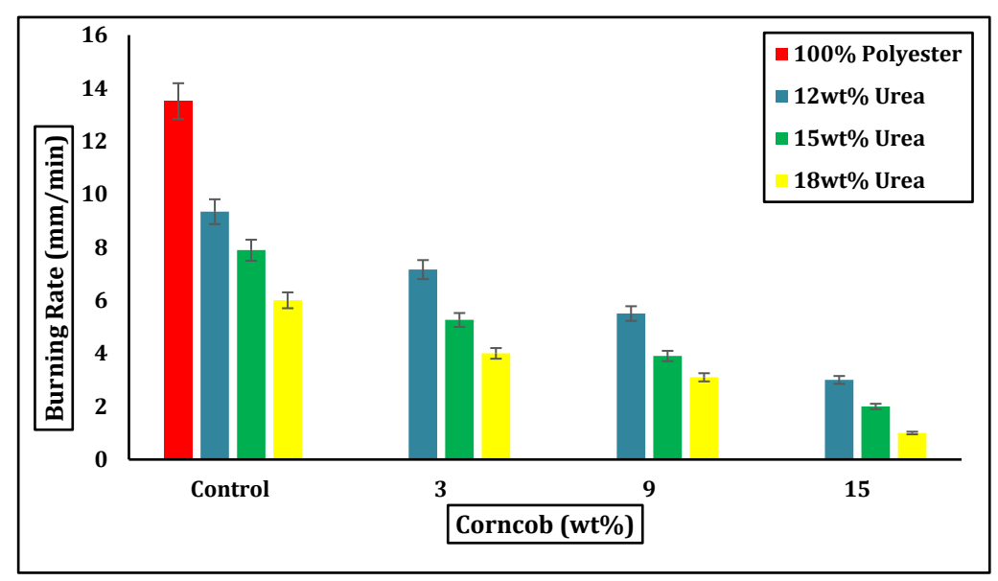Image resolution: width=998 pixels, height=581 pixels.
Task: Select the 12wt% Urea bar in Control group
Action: click(215, 336)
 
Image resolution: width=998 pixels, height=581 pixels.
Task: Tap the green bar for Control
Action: click(251, 355)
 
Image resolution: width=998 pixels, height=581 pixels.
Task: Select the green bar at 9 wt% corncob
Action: click(667, 407)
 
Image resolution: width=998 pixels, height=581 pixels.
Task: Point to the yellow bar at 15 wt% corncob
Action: click(912, 446)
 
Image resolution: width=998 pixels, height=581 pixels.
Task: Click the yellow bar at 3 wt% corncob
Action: click(496, 407)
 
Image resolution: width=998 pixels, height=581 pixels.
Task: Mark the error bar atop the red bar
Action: click(178, 101)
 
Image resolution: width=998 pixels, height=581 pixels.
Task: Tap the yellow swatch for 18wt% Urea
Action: click(781, 181)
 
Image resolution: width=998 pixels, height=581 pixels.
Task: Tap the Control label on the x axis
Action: click(230, 490)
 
